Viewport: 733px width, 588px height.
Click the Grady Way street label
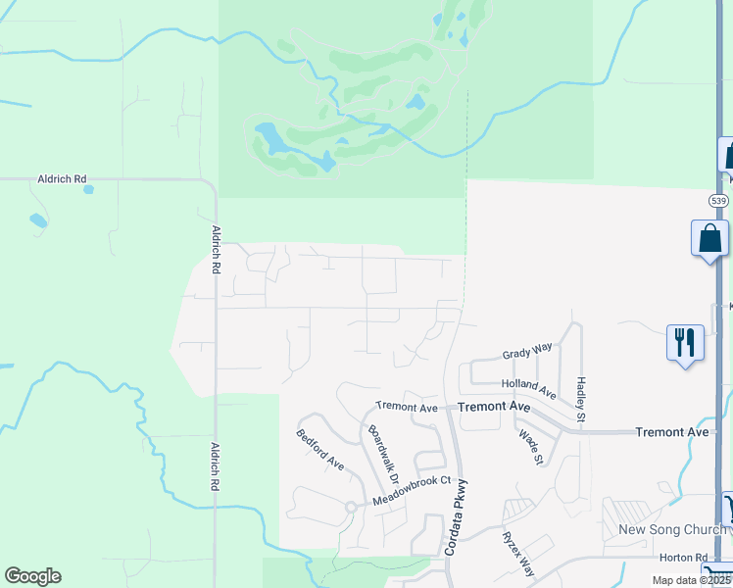pos(527,349)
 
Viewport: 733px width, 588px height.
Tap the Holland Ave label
pos(529,389)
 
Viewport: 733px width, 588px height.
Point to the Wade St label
pos(530,446)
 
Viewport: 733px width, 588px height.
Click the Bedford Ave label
pos(320,449)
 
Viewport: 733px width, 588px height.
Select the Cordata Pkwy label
pos(455,517)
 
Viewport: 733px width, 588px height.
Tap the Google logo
pos(32,576)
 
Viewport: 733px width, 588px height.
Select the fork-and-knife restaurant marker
pos(684,343)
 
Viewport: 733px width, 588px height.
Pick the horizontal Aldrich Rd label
pos(62,179)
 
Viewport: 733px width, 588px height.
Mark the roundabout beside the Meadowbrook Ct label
pos(350,506)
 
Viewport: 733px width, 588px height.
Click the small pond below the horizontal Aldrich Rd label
pos(37,220)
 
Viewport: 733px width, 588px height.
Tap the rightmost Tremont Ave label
pos(671,432)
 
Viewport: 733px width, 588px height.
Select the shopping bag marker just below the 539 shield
pos(709,240)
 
